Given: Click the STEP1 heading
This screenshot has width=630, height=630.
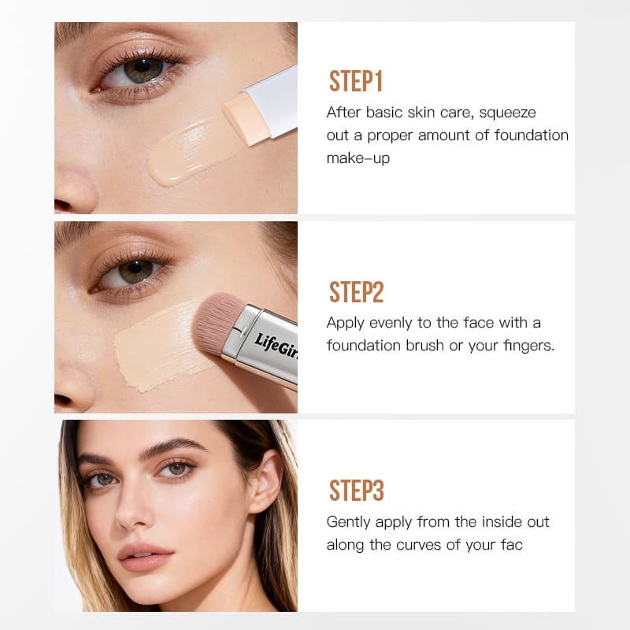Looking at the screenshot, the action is point(356,81).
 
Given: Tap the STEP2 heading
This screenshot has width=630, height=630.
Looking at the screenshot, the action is point(357,291).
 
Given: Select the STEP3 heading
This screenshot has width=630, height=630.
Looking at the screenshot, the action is point(357,491).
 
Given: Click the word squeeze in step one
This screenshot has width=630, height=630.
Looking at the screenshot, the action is point(507,113).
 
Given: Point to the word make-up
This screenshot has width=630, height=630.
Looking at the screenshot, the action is point(358,158).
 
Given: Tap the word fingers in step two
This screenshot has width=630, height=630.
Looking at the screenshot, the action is point(529,346).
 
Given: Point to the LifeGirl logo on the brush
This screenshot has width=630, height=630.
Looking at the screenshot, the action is point(276,346).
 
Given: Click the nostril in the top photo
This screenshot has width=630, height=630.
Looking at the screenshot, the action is point(63,205).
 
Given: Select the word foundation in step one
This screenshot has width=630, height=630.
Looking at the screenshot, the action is point(531,135).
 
